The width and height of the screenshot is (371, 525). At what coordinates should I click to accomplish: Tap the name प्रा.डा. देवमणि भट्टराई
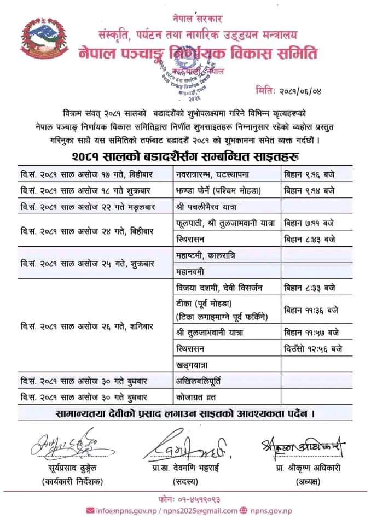tap(187, 470)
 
